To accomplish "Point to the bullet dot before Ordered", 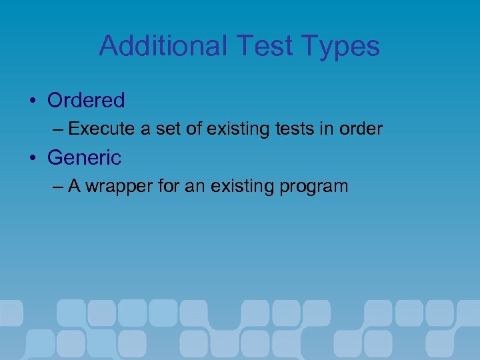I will coord(32,101).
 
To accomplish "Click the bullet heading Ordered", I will coord(86,101).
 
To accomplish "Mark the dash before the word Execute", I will coord(58,129).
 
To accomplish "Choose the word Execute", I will coord(102,129).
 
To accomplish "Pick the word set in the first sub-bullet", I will coord(170,129).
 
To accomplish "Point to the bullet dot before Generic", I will coord(32,159).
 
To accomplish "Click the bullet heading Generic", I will coord(84,158).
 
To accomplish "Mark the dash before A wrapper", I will coord(58,186).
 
